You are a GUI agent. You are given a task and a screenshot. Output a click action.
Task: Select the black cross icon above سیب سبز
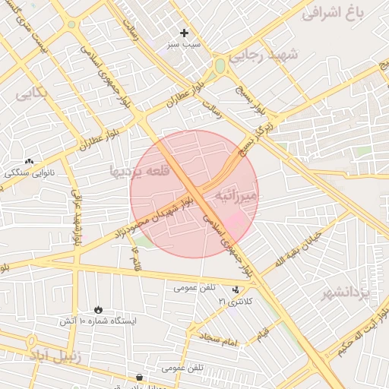click(184, 33)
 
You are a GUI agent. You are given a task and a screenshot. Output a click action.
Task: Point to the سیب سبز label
click(184, 45)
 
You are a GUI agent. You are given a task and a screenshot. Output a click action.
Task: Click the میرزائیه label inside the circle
click(238, 196)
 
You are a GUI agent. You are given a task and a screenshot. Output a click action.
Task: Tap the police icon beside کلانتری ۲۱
click(237, 289)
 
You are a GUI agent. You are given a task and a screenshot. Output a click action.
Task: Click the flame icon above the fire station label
click(98, 308)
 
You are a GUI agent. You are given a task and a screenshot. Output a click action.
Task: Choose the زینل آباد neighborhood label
click(53, 354)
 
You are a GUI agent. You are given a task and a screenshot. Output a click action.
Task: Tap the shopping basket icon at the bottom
click(139, 378)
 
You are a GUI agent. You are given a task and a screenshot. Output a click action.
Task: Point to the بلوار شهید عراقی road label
click(75, 217)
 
